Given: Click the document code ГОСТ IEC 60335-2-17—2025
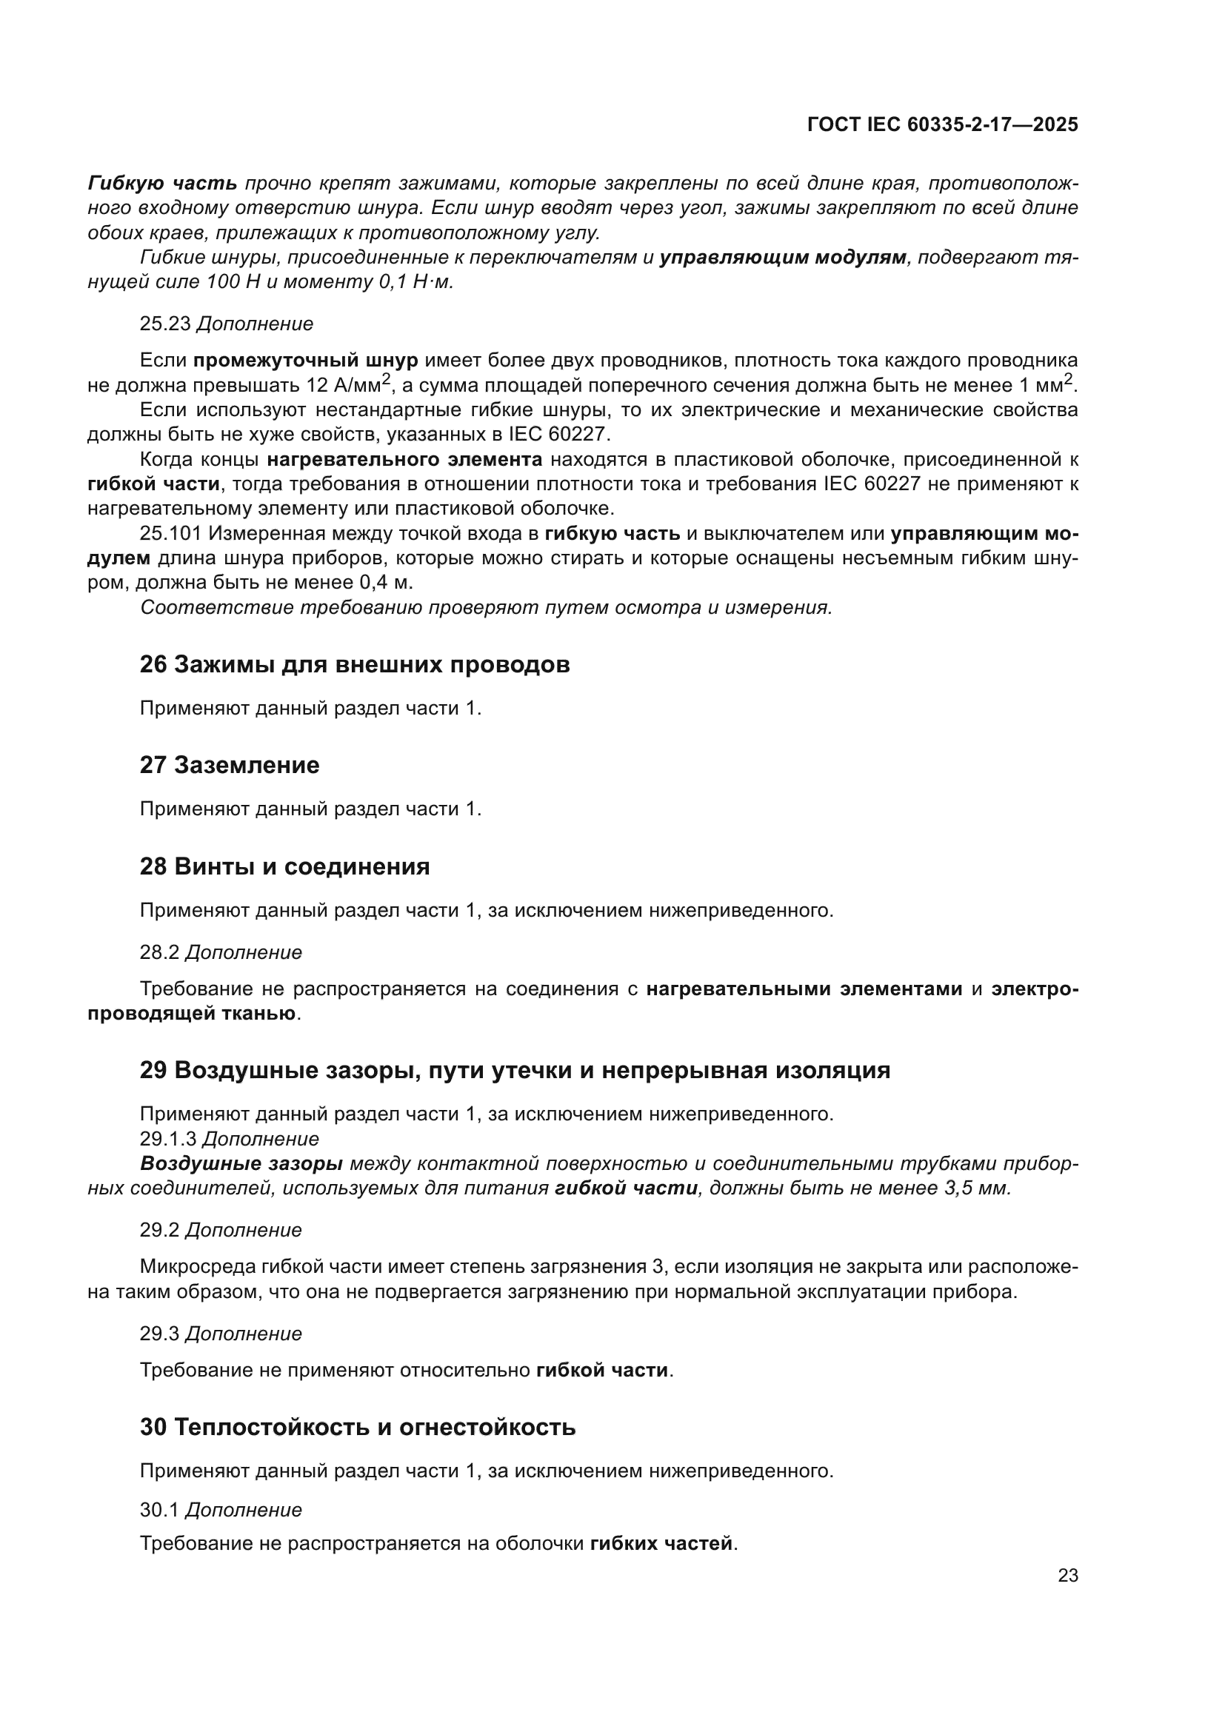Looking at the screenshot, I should [942, 124].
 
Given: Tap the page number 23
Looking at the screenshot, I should [1068, 1576].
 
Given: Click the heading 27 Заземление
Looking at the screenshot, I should [230, 766].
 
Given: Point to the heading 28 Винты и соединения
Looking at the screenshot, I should [284, 867].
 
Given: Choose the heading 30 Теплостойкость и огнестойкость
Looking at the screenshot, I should [358, 1427].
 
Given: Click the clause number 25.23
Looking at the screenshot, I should [165, 324].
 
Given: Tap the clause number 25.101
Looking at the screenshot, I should [170, 534].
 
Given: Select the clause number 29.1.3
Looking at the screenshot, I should [168, 1139].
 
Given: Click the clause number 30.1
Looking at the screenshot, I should [159, 1510].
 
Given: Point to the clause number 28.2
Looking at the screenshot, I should [159, 953].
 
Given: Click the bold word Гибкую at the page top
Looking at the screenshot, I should [124, 184].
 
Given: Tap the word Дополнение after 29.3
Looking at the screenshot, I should [244, 1334].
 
